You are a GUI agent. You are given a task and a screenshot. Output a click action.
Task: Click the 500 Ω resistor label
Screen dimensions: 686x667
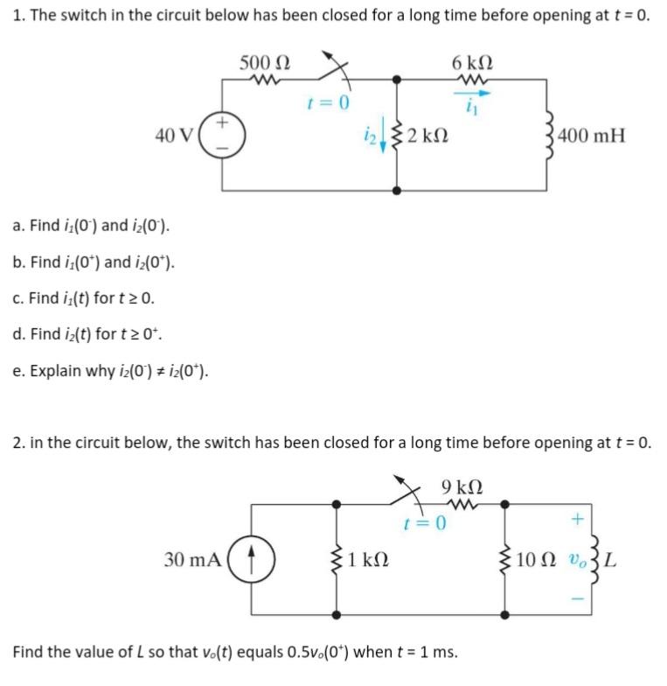tap(266, 63)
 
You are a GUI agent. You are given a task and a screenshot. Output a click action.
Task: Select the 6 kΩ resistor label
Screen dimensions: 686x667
tap(472, 63)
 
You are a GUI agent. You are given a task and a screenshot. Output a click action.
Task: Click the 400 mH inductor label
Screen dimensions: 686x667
tap(591, 136)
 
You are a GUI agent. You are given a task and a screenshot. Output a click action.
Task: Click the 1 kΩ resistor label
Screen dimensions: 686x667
tap(368, 558)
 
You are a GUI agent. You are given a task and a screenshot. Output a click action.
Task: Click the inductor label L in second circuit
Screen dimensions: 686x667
tap(610, 558)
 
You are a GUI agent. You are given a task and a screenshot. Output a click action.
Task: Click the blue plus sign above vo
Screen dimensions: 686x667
tap(575, 521)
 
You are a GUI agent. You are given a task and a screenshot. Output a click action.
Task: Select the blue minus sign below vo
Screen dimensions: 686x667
tap(575, 599)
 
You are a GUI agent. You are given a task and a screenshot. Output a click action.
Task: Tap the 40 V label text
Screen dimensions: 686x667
tap(174, 136)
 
